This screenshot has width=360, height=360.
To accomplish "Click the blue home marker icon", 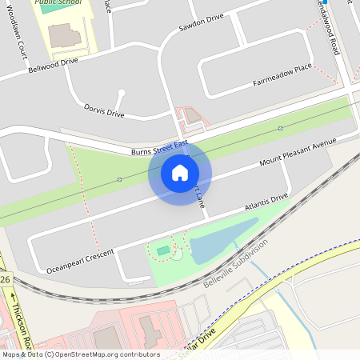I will point(179,172).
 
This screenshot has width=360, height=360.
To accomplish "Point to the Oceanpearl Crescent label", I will point(81,258).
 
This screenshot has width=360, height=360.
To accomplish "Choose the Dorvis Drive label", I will point(104,110).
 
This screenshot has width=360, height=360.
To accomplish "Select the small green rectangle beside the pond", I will point(163,251).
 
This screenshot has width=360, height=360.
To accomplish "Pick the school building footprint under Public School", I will point(64,34).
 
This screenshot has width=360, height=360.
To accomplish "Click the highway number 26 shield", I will point(5,279).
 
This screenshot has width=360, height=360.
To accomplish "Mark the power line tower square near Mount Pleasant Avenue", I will point(280,128).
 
